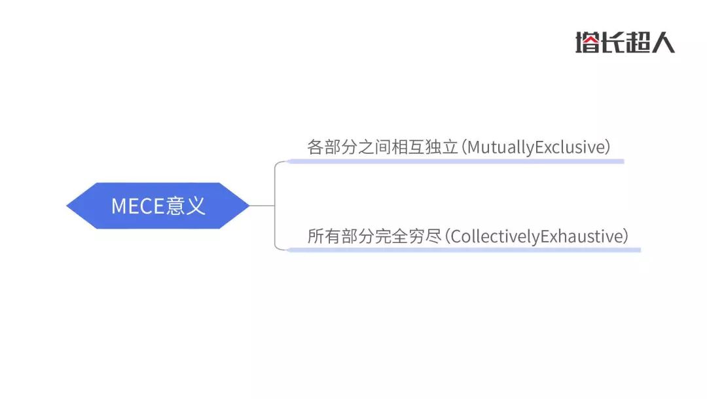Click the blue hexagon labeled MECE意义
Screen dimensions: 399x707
click(x=158, y=206)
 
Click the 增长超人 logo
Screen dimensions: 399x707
click(x=625, y=43)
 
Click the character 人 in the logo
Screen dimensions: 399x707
click(x=662, y=43)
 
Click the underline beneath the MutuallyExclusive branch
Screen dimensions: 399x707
click(x=456, y=161)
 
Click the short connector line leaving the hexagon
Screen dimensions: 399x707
click(x=262, y=206)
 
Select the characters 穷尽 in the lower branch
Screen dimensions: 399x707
click(x=426, y=237)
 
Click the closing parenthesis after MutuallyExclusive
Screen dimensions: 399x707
click(x=607, y=147)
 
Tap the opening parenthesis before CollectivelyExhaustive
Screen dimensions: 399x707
click(x=447, y=237)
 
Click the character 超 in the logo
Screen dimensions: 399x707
click(x=638, y=43)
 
